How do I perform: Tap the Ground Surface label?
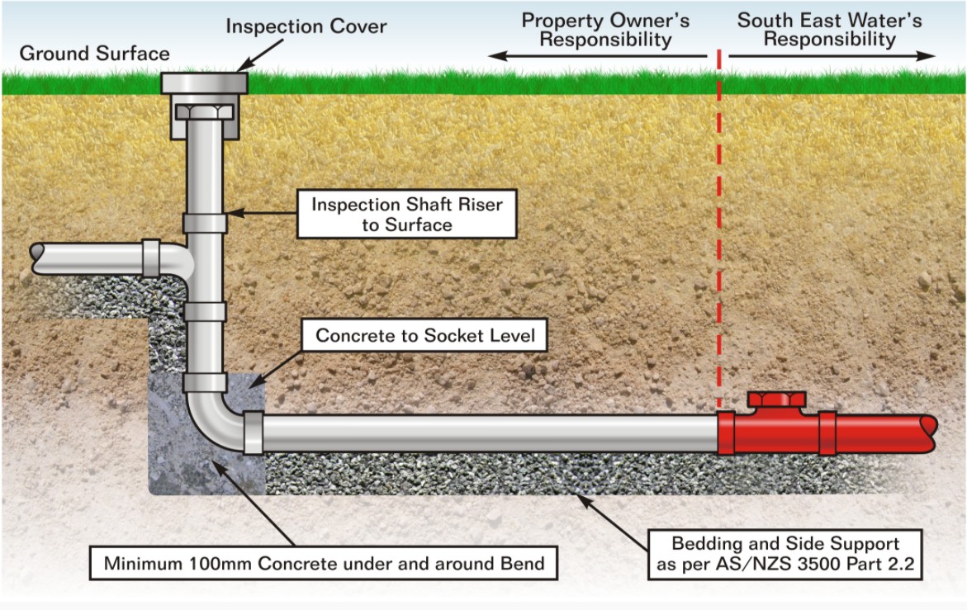[x=94, y=54]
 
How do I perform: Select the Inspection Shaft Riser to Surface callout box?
[x=406, y=215]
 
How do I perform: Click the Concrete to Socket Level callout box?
[x=425, y=336]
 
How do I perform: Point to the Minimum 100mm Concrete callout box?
[x=324, y=564]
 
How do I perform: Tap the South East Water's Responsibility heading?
[x=829, y=29]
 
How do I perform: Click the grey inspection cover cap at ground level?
[x=204, y=83]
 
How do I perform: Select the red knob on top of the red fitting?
[x=776, y=400]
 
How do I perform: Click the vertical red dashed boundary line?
[x=718, y=231]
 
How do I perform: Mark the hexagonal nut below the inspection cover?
[x=204, y=111]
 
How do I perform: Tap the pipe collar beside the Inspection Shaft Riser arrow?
[x=205, y=223]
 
